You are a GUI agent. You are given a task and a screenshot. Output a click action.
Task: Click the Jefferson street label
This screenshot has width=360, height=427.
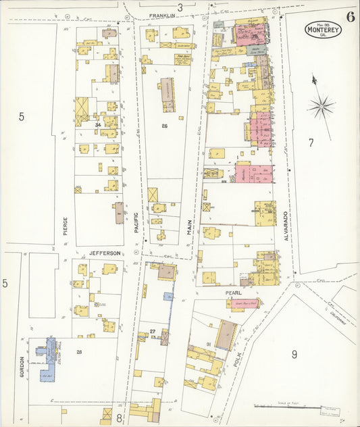(105, 253)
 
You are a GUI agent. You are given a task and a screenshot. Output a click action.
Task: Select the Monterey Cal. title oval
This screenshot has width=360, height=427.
(322, 29)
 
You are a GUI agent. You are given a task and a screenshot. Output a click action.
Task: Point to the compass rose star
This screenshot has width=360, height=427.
(321, 107)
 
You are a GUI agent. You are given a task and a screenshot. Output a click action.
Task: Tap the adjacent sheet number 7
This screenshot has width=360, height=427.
(311, 143)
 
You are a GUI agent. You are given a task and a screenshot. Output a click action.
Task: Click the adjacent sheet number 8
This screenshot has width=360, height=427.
(119, 418)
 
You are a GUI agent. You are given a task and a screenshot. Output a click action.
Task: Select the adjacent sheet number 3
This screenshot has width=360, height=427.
(180, 7)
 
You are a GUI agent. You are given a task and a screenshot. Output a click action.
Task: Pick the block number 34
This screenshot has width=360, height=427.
(98, 125)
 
